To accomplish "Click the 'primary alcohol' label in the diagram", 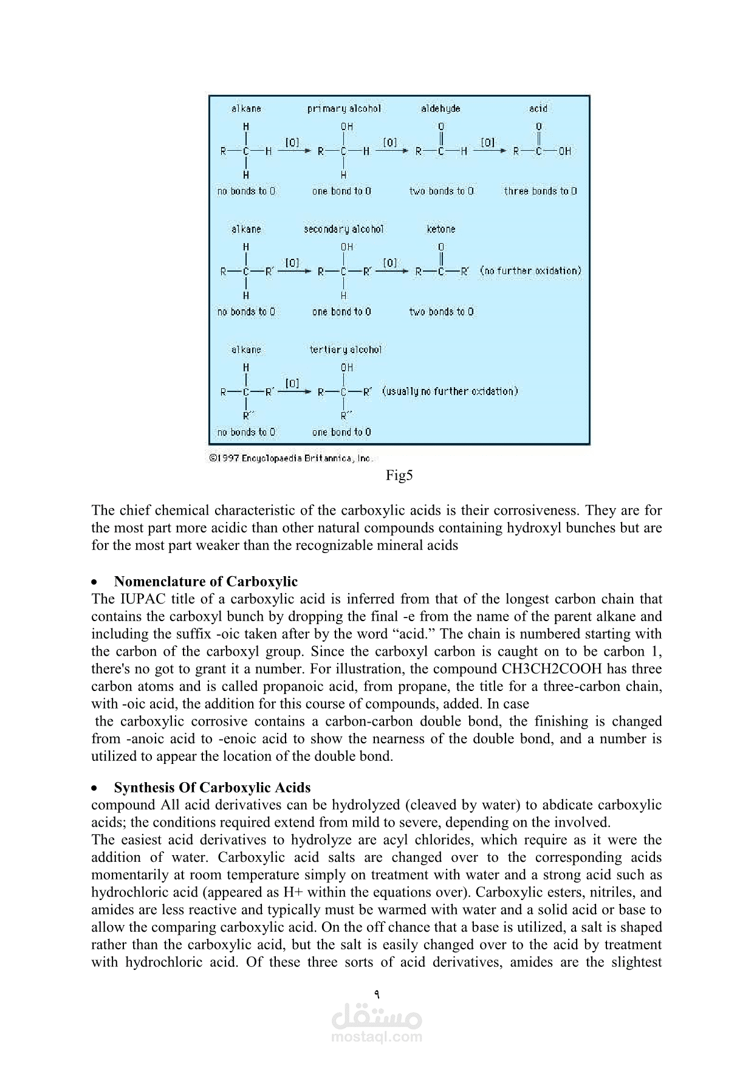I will click(344, 109).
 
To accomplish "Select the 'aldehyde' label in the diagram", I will click(440, 109).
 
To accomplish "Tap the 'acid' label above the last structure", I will click(538, 109).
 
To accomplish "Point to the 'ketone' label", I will click(441, 229).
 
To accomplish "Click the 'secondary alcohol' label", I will click(344, 229).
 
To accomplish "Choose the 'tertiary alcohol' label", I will click(346, 349).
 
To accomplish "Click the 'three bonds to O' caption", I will click(540, 191).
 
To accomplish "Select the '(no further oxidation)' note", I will click(530, 270).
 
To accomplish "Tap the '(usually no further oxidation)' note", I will click(450, 391).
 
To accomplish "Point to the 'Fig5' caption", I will click(399, 475).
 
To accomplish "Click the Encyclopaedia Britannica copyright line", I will click(290, 458).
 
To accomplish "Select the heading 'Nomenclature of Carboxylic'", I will click(205, 582).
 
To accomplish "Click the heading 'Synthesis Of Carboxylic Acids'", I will click(212, 788).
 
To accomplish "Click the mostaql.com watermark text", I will click(377, 1037).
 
